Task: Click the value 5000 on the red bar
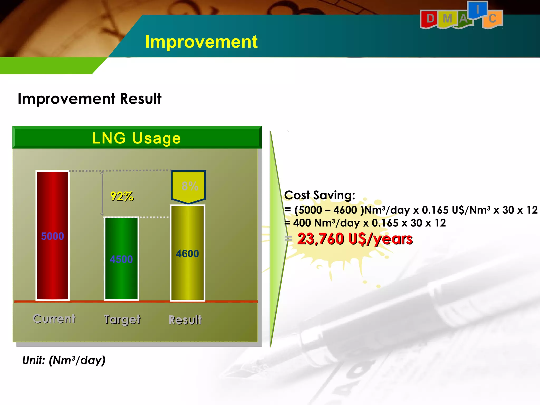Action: point(52,236)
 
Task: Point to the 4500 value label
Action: point(121,259)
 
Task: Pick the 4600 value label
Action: point(187,254)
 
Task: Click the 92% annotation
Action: point(122,196)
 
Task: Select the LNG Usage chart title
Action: point(136,138)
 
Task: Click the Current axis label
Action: point(54,319)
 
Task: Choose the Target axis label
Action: point(122,320)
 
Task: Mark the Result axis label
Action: point(185,320)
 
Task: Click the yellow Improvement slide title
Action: point(201,42)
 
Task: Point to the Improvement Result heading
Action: point(89,99)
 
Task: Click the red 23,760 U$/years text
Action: point(355,239)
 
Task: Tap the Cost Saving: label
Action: point(320,195)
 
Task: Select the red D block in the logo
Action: point(430,19)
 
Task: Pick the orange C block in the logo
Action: point(492,19)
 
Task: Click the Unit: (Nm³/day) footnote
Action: point(64,360)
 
